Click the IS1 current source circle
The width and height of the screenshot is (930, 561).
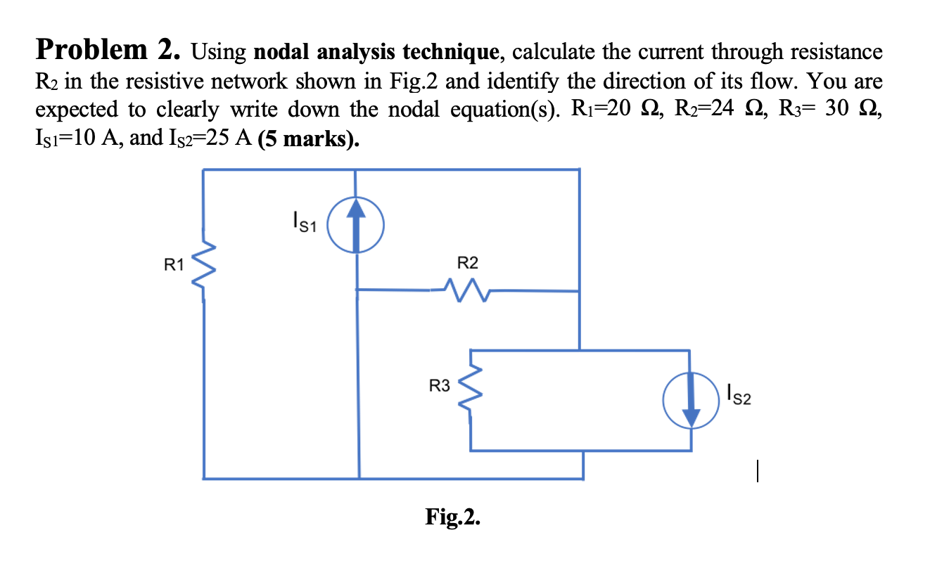click(x=357, y=224)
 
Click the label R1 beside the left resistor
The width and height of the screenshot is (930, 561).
click(x=174, y=265)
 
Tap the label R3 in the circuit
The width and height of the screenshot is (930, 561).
click(x=440, y=385)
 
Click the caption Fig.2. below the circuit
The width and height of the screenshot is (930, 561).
click(x=454, y=517)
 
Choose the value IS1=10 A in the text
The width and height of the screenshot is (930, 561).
click(x=77, y=138)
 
